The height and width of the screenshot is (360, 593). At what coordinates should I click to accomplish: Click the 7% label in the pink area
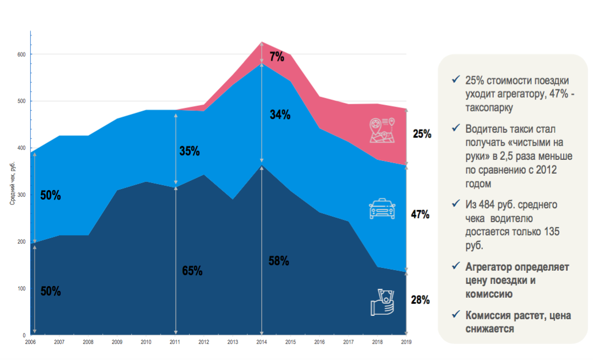coord(277,56)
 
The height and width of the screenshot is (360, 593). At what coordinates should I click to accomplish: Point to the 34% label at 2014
coord(280,115)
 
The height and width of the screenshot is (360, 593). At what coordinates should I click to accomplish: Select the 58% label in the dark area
coord(279,261)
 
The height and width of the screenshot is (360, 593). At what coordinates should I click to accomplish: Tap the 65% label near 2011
coord(192,271)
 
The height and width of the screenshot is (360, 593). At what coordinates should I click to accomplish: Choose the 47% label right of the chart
coord(420,214)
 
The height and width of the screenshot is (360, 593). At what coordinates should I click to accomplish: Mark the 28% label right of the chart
coord(420,300)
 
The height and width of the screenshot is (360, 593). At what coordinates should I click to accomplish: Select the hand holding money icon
coord(382,303)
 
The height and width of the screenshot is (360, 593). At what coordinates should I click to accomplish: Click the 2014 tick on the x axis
coord(261,342)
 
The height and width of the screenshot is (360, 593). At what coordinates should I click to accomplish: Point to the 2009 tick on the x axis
coord(117,342)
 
